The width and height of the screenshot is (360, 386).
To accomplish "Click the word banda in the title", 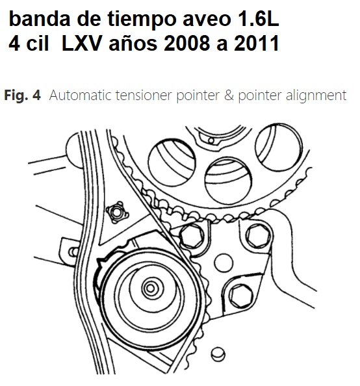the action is pos(40,19).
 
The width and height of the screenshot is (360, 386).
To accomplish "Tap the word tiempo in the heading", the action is pos(142,20).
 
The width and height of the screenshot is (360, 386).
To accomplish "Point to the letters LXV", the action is pos(81,44).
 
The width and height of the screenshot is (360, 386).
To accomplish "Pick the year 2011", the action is pos(256,44).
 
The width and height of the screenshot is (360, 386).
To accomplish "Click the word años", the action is pos(133,44).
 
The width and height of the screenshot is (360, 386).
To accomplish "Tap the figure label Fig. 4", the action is pos(22,95).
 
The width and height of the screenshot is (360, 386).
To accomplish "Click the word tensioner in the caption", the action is pos(144,96).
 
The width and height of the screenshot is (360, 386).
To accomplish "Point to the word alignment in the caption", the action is pos(316,96).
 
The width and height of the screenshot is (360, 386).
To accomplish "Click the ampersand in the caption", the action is pos(229,96).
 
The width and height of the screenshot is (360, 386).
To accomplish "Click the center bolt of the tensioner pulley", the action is pos(150,288).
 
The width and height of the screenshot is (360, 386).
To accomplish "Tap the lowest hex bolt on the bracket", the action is pos(241,296).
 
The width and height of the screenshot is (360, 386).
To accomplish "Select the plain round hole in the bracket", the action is pos(224,263).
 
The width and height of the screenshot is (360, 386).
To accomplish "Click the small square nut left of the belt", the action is pos(117,212).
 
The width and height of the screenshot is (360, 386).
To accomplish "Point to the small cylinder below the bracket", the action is pos(218,354).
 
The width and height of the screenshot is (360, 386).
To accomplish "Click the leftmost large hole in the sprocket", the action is pos(172,162).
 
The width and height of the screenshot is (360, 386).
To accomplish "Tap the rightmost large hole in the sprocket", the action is pos(279,148).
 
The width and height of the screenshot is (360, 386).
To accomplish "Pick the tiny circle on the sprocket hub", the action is pos(211,141).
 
